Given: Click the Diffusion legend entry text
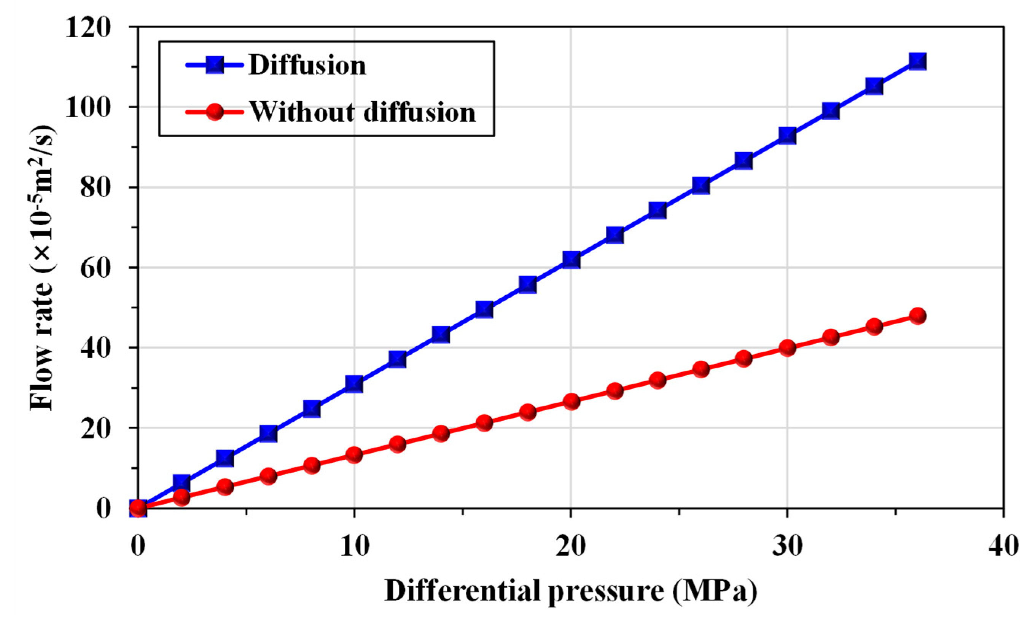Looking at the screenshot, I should tap(307, 66).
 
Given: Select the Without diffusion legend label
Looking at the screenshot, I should tap(363, 112).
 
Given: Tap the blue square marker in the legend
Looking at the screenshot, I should tap(215, 65).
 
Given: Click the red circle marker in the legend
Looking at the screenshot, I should tap(215, 112).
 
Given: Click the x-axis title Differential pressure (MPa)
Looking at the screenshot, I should tap(570, 591).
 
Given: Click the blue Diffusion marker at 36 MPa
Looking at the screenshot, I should tap(917, 61).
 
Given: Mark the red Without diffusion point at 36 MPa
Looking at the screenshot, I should tap(917, 316).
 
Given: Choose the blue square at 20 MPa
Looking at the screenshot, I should tap(571, 260).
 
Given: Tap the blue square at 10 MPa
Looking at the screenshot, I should tap(354, 384).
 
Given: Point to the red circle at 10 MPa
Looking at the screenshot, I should tap(354, 455).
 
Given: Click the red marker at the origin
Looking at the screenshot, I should tap(138, 508).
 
